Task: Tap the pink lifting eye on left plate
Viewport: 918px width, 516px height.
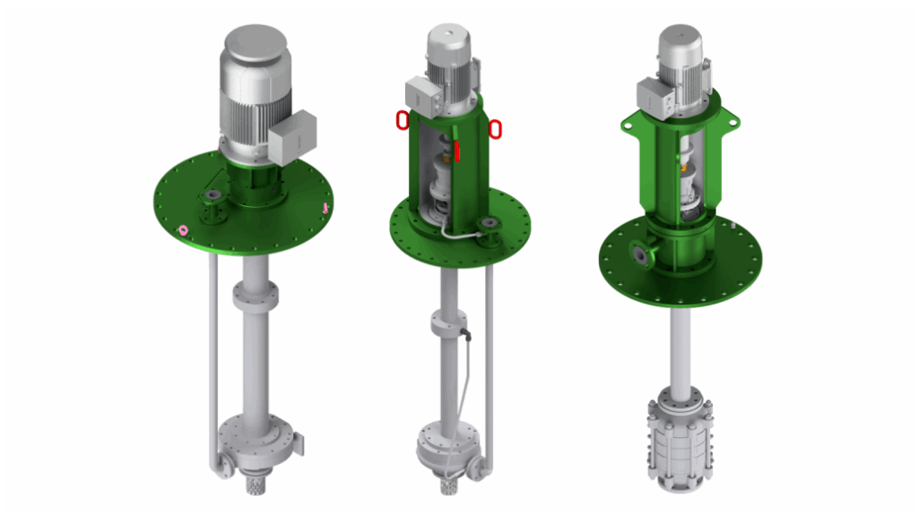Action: tap(184, 230)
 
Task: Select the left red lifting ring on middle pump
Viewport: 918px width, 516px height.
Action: tap(403, 119)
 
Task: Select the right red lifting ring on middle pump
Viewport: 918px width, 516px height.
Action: tap(494, 130)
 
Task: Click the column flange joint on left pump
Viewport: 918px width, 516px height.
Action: tap(254, 293)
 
